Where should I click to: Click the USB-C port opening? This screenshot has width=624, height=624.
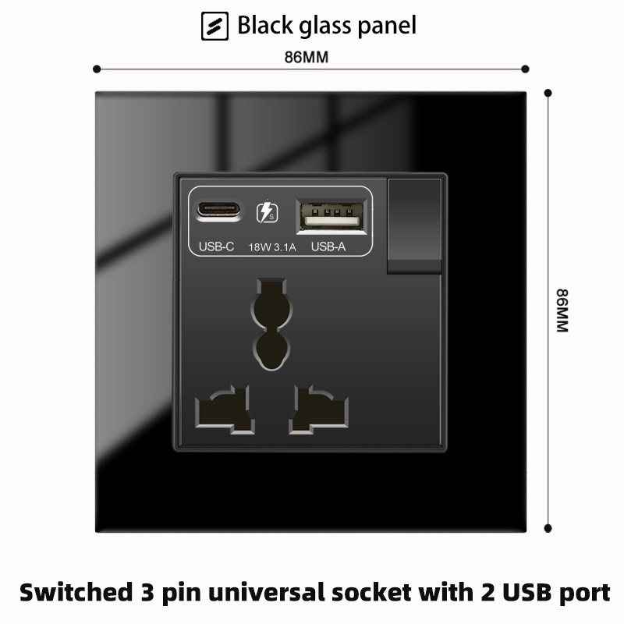pos(218,209)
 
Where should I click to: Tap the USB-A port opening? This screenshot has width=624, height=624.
pos(331,216)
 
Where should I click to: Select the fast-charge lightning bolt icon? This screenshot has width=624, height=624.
pos(267,212)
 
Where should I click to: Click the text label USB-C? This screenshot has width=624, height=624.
pos(216,246)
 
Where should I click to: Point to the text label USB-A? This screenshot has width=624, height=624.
pos(328,246)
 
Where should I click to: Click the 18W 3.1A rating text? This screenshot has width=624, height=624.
pos(272,247)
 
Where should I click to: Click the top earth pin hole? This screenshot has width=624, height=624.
pos(271,324)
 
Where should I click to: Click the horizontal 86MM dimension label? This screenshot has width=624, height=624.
pos(307,57)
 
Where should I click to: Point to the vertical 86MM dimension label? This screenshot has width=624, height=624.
pos(562,310)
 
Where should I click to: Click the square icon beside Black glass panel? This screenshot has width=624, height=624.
pos(215,27)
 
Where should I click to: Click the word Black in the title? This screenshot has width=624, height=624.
pos(265,25)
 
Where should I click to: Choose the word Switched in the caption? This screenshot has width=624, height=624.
pos(76,592)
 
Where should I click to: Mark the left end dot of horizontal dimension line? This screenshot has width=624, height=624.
pos(97,69)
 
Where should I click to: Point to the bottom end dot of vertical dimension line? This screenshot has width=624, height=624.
pos(548,529)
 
